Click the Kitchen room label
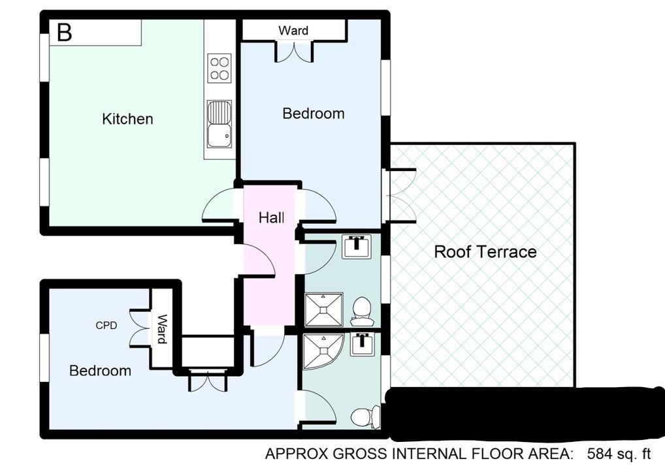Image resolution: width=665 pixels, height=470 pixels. coord(127,119)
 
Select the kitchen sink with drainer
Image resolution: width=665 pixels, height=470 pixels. coord(219,125)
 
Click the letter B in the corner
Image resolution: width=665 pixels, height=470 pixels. coord(65,32)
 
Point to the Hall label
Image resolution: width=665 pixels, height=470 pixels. coord(272,218)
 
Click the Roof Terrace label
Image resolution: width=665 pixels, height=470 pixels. coord(485,252)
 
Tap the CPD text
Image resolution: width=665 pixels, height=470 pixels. coord(106,326)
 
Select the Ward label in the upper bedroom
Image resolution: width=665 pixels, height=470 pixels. coord(293,31)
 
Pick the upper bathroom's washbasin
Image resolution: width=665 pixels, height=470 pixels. coord(356,246)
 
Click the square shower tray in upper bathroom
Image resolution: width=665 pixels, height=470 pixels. coord(323,309)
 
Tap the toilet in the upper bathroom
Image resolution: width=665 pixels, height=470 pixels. coord(362,308)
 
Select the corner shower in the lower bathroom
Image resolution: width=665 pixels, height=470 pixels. coord(323,351)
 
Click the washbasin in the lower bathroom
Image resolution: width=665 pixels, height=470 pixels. coord(362,344)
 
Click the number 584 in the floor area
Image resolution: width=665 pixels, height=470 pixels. coord(599,454)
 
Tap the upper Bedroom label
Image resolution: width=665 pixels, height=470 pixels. coord(314,114)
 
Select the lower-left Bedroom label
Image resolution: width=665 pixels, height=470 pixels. coord(100,371)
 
